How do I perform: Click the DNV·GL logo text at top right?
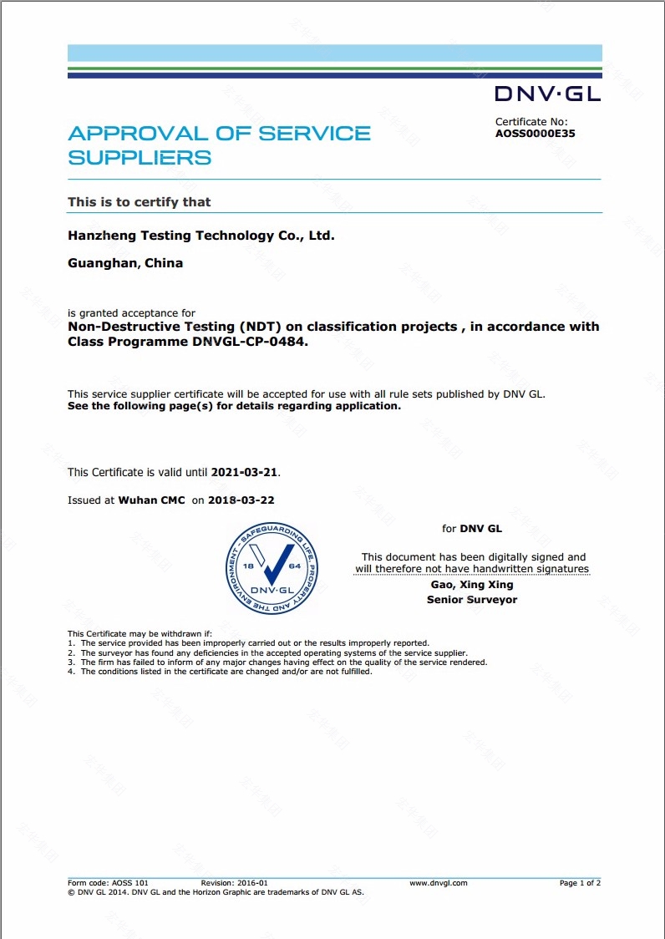pyautogui.click(x=547, y=94)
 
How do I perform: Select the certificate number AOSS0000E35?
pyautogui.click(x=535, y=133)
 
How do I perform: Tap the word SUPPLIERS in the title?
pyautogui.click(x=140, y=158)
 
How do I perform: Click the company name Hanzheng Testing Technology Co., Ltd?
pyautogui.click(x=201, y=236)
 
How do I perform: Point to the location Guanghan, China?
pyautogui.click(x=125, y=263)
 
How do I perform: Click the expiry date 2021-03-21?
pyautogui.click(x=245, y=472)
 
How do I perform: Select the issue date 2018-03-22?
pyautogui.click(x=241, y=500)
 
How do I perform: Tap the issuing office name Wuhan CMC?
pyautogui.click(x=151, y=500)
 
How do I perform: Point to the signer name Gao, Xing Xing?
pyautogui.click(x=472, y=585)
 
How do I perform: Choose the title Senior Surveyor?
pyautogui.click(x=472, y=600)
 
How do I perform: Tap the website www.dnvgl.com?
pyautogui.click(x=439, y=883)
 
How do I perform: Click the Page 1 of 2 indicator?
pyautogui.click(x=580, y=883)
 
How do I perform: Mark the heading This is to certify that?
pyautogui.click(x=140, y=202)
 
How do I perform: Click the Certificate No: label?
pyautogui.click(x=531, y=122)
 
